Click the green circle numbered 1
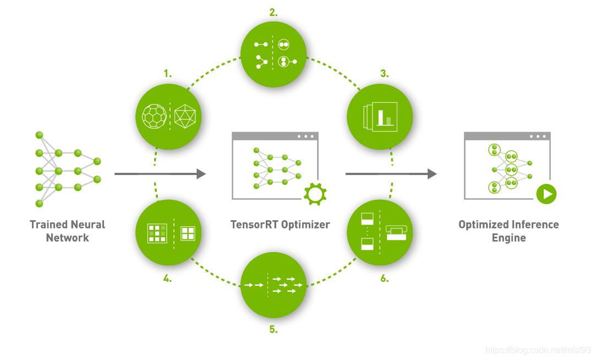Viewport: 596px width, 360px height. (169, 116)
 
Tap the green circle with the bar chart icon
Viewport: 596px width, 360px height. (380, 116)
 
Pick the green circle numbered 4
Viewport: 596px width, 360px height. (169, 232)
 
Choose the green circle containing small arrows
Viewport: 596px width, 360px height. (274, 285)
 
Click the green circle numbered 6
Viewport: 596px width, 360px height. (380, 232)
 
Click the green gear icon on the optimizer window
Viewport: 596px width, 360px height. (315, 194)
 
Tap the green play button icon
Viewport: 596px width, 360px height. (546, 194)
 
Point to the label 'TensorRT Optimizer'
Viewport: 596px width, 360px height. (280, 225)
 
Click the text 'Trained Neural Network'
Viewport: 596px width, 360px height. (67, 231)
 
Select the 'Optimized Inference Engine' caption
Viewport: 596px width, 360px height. (508, 231)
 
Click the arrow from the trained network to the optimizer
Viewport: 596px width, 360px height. (160, 174)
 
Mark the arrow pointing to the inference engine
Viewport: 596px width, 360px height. (391, 174)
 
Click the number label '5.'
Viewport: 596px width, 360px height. (274, 330)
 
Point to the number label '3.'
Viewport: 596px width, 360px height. (384, 73)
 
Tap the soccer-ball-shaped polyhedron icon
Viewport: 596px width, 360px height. (154, 116)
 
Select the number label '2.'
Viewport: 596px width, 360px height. (274, 12)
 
